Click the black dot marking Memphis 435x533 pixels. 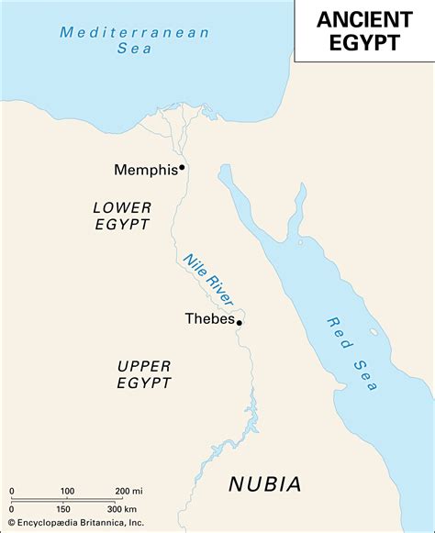coord(183,167)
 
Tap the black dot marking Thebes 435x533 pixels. coord(240,322)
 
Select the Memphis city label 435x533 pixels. coord(145,170)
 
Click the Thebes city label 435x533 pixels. coord(210,319)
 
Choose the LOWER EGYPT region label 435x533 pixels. coord(121,216)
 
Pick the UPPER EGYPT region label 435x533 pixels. coord(144,374)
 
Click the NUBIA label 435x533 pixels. coord(265,483)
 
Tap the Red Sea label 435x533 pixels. coord(351,353)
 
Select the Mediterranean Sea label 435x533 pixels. coord(135,40)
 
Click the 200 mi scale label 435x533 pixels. coord(128,492)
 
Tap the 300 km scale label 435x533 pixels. coord(122,509)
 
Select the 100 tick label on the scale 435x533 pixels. coord(67,492)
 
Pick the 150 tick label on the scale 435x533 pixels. coord(63,509)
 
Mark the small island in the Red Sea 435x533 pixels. coord(373,331)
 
